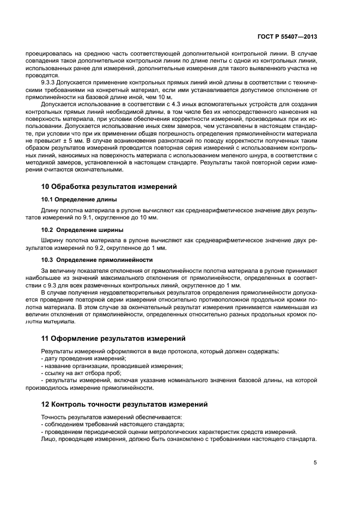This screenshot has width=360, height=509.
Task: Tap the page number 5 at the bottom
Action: [x=315, y=462]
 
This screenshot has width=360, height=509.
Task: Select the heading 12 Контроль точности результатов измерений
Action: [x=126, y=405]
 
